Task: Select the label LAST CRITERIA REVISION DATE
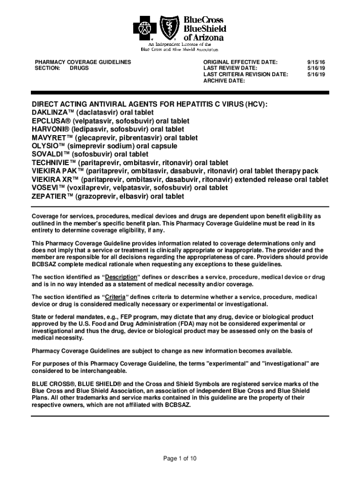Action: tap(245, 74)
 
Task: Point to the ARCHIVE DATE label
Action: tap(224, 81)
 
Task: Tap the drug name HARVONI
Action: tap(48, 129)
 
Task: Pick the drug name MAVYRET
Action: tap(50, 138)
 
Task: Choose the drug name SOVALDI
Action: tap(48, 154)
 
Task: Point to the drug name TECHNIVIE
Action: tap(52, 163)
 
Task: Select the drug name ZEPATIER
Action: tap(49, 196)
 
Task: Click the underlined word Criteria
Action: tap(115, 297)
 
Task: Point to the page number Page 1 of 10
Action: tap(180, 458)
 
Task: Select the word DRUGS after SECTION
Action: tap(79, 68)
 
